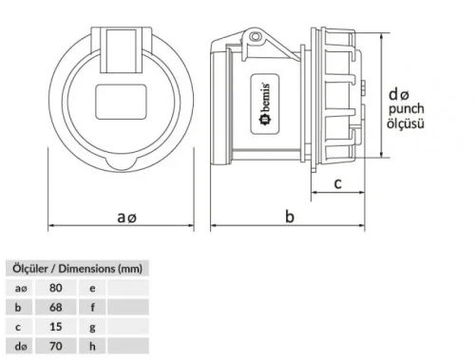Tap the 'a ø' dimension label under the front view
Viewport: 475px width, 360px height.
click(x=127, y=218)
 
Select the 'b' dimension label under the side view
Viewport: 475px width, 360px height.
click(x=290, y=218)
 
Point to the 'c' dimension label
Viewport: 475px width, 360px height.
click(x=338, y=184)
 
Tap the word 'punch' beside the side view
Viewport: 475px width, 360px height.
click(x=408, y=110)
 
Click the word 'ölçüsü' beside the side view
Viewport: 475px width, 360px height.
click(x=408, y=124)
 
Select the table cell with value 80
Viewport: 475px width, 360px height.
click(x=55, y=287)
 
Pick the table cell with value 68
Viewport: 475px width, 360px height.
click(x=55, y=308)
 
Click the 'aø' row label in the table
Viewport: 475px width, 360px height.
click(x=20, y=287)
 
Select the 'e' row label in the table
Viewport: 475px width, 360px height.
click(x=92, y=287)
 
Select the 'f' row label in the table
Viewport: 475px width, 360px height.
click(x=92, y=308)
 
